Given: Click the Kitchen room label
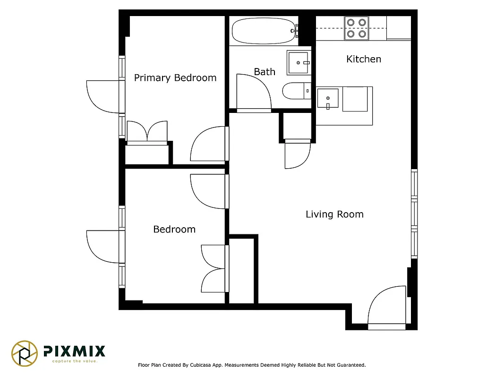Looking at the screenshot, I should coord(363,59).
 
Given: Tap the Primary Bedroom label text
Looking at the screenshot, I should coord(175,78).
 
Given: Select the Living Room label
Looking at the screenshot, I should coord(334,215).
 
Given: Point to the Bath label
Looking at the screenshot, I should coord(264,72).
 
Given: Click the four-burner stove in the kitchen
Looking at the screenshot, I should coord(356,28).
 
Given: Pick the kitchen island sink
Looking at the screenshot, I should coord(328,99).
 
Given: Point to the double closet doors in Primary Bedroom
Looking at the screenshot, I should coord(147,132).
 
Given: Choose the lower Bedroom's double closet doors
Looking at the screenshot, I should coord(214,268).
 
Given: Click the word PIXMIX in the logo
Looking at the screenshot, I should coord(74,351).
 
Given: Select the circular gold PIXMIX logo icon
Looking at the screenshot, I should coord(25,353).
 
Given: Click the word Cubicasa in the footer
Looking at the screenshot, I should coord(199,365).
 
